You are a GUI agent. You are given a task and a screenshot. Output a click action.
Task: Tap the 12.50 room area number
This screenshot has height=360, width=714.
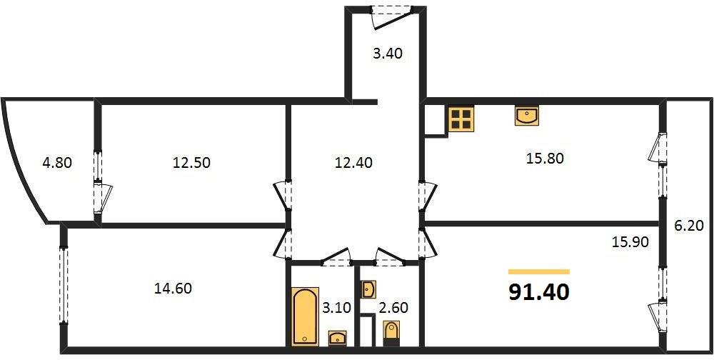(x=191, y=162)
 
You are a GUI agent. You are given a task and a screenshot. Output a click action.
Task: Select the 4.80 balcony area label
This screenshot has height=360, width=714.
(x=58, y=162)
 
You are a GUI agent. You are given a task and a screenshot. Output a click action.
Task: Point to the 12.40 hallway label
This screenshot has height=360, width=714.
(x=353, y=162)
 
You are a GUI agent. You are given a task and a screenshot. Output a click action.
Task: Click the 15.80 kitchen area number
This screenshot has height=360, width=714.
(x=545, y=159)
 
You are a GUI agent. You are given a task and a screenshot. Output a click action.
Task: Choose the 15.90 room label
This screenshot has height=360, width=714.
(x=630, y=241)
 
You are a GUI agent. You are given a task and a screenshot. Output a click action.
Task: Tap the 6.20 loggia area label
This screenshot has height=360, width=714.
(x=690, y=226)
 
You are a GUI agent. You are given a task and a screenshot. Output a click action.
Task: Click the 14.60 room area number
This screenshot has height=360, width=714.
(x=173, y=289)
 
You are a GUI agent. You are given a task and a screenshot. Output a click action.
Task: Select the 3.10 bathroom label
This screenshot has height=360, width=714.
(x=338, y=308)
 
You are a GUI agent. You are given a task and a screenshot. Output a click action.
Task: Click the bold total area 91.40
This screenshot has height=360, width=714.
(x=539, y=292)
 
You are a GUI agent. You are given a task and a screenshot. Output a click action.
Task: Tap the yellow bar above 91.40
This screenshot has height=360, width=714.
(x=539, y=271)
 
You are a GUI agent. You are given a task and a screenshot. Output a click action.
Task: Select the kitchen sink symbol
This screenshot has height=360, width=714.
(x=527, y=116)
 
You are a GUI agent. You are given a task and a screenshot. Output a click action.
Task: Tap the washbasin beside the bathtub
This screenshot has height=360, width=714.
(x=337, y=338)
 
